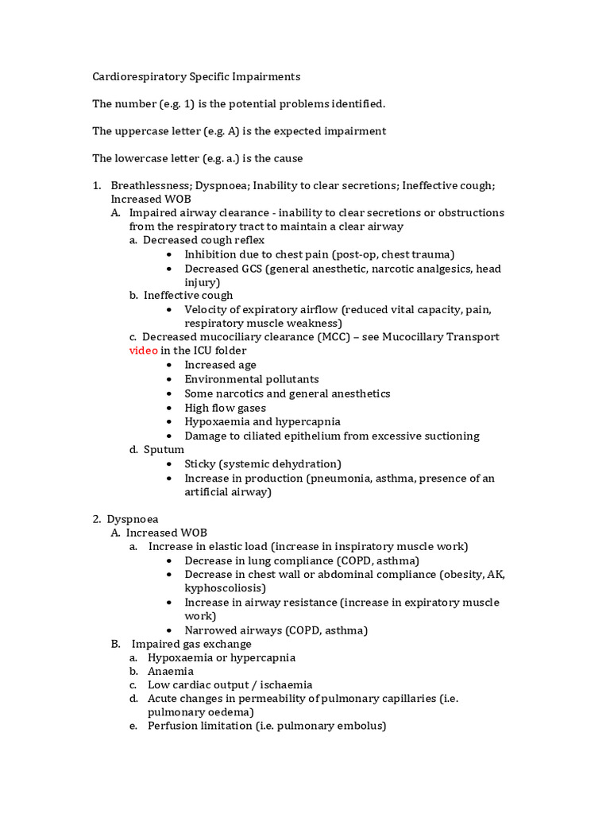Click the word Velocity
click(x=207, y=309)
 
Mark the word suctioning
click(x=450, y=436)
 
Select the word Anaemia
click(x=171, y=672)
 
